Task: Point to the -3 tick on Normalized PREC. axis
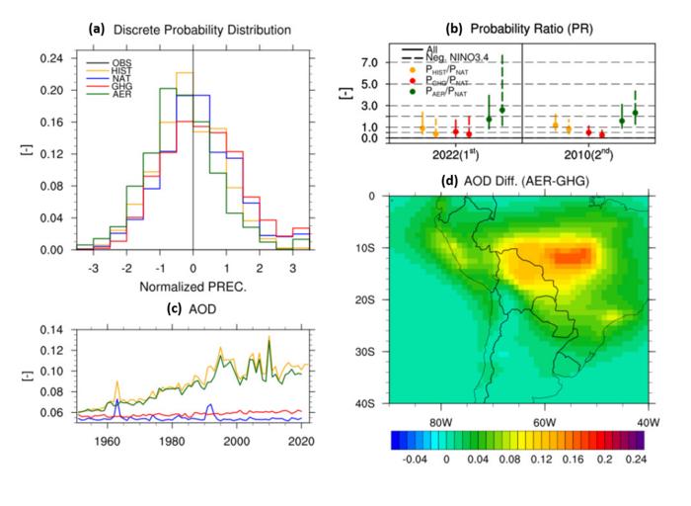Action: tap(92, 268)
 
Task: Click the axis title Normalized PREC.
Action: tap(192, 287)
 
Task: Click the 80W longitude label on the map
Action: tap(438, 422)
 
